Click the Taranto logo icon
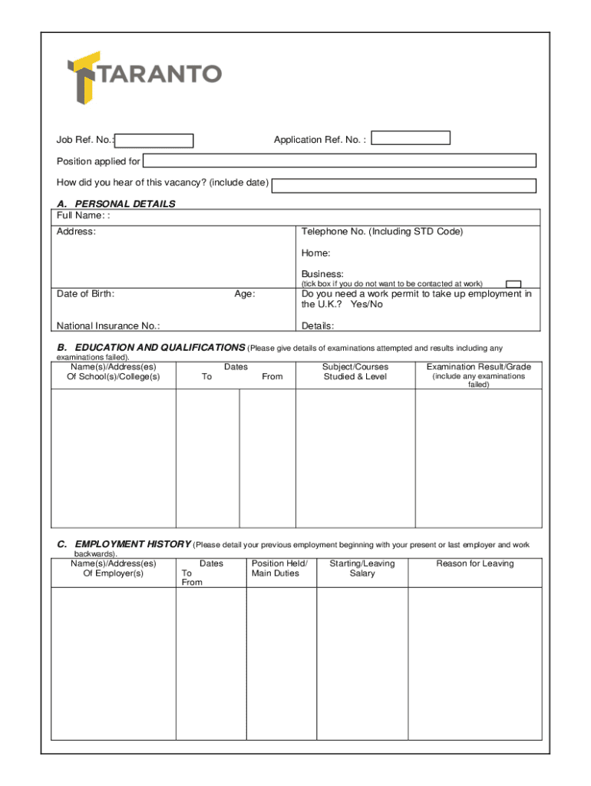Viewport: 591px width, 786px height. point(84,77)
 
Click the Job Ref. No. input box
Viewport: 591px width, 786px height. point(154,140)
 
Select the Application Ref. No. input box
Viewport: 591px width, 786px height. point(411,138)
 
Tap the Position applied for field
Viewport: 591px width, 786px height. point(339,160)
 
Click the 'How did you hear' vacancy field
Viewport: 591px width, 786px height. point(404,186)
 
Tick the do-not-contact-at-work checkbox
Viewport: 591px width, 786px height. point(513,284)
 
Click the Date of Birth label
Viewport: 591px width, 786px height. point(86,293)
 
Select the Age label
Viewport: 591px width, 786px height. point(245,293)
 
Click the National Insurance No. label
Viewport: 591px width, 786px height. point(108,325)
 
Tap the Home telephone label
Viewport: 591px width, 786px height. point(315,253)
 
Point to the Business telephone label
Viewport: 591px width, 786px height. point(322,274)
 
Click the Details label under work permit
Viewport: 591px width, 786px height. point(318,325)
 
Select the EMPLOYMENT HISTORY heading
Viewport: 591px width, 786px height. point(133,544)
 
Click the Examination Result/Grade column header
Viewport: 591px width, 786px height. point(478,367)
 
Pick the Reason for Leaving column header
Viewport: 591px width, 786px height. point(475,563)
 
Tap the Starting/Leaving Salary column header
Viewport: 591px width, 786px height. point(362,568)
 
